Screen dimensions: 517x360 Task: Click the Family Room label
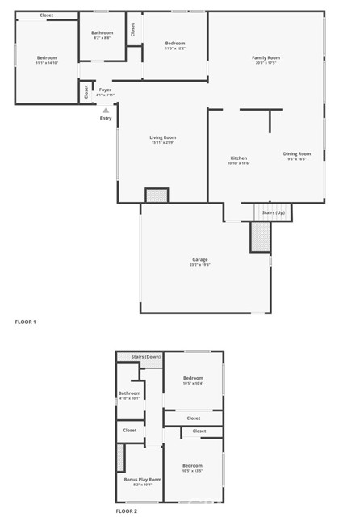[266, 58]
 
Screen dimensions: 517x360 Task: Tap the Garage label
[199, 259]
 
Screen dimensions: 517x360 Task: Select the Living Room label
[162, 138]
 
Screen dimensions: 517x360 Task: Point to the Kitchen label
[239, 158]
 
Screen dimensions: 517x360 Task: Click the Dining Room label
[296, 153]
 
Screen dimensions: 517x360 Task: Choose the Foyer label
[105, 90]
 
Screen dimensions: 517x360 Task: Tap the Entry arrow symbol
[105, 110]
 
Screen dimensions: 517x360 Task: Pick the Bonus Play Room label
[142, 480]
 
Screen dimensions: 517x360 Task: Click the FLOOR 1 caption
[26, 322]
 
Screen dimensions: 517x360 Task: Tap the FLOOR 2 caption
[127, 511]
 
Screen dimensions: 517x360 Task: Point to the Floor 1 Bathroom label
[102, 33]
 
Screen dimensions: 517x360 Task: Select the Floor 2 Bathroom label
[130, 393]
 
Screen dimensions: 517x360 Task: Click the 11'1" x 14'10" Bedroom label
[47, 58]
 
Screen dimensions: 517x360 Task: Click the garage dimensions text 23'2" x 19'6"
[199, 264]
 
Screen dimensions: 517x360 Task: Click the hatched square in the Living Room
[156, 195]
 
